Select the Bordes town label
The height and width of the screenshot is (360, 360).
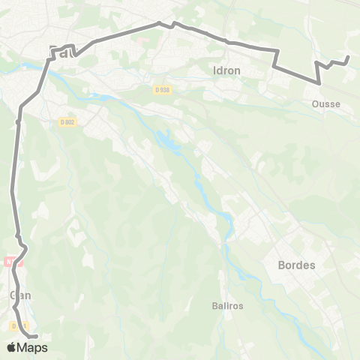tap(296, 265)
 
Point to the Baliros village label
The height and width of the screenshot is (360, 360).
tap(227, 306)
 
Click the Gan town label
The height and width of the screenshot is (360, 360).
tap(20, 295)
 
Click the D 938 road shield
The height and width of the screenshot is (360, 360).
tap(162, 89)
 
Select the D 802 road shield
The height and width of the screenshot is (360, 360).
tap(67, 121)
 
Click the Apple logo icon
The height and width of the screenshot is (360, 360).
tap(12, 347)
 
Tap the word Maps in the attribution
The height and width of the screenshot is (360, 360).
tap(33, 348)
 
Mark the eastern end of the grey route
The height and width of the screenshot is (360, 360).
tap(348, 57)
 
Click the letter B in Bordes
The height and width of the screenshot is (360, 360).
tap(281, 265)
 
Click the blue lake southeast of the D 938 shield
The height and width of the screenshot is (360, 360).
tap(166, 140)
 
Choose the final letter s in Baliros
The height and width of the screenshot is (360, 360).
tap(241, 306)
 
